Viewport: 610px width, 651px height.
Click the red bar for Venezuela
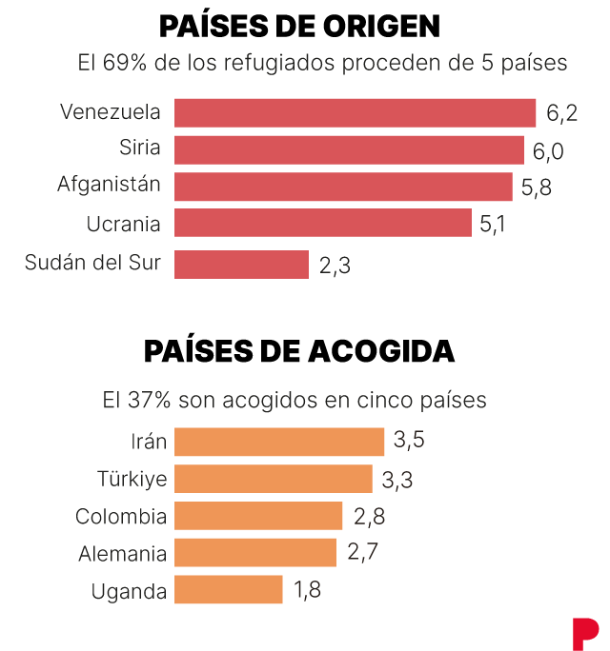355,113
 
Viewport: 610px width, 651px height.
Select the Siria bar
349,150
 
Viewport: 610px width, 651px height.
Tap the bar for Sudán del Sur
241,265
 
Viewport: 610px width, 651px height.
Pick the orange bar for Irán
279,442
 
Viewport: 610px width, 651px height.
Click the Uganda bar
229,589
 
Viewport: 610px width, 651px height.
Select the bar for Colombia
258,516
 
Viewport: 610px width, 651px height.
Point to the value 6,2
561,113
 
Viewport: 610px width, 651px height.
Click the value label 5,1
493,225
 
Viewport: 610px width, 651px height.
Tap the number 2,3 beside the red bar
335,266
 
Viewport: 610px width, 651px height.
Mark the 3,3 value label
397,480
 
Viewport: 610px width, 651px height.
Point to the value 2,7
362,552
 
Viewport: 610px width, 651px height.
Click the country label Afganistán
109,184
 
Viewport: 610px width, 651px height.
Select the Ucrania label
124,225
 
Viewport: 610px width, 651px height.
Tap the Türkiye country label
132,479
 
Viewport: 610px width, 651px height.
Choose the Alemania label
123,554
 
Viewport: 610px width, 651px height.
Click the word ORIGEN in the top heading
381,27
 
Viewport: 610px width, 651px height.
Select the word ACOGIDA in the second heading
381,351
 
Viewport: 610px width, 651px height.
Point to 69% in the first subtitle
124,63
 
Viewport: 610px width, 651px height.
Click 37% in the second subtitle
150,401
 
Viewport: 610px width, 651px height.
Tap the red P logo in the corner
585,634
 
